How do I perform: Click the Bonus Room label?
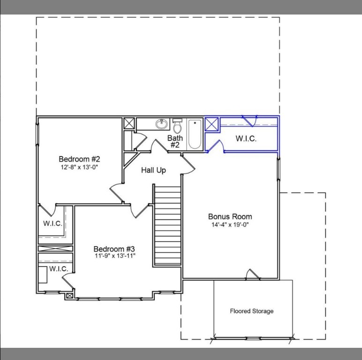pyautogui.click(x=230, y=217)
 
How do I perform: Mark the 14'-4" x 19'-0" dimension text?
pyautogui.click(x=230, y=225)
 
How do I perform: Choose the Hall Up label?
pyautogui.click(x=153, y=170)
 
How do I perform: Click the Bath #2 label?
pyautogui.click(x=175, y=142)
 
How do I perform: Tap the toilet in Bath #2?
pyautogui.click(x=177, y=127)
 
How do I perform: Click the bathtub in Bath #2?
pyautogui.click(x=195, y=134)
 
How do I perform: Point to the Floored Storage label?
pyautogui.click(x=251, y=311)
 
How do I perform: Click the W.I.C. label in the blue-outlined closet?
pyautogui.click(x=246, y=139)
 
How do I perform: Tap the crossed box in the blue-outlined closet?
pyautogui.click(x=212, y=124)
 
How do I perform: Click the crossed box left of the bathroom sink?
pyautogui.click(x=128, y=123)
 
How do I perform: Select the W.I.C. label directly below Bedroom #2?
pyautogui.click(x=53, y=224)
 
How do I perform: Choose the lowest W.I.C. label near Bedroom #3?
pyautogui.click(x=59, y=269)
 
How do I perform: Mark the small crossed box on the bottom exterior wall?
pyautogui.click(x=70, y=295)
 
